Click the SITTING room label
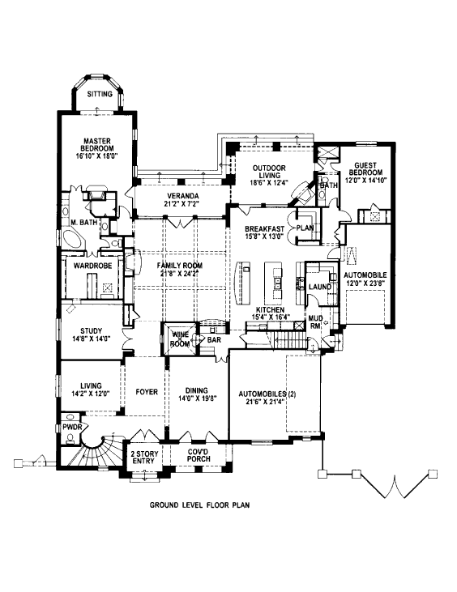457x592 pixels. pyautogui.click(x=100, y=94)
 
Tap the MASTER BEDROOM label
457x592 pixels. pyautogui.click(x=96, y=145)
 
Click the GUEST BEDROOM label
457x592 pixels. pyautogui.click(x=365, y=168)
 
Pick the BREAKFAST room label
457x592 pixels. pyautogui.click(x=264, y=229)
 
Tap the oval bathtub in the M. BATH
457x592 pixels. pyautogui.click(x=74, y=239)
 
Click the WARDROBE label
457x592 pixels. pyautogui.click(x=93, y=266)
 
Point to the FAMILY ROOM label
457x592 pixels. pyautogui.click(x=180, y=266)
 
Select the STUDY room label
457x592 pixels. pyautogui.click(x=91, y=331)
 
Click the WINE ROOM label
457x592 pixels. pyautogui.click(x=180, y=339)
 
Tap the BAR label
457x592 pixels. pyautogui.click(x=214, y=340)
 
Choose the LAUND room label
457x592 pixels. pyautogui.click(x=320, y=287)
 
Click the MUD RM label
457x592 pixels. pyautogui.click(x=315, y=322)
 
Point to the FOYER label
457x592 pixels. pyautogui.click(x=147, y=392)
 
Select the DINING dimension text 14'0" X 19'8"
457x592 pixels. pyautogui.click(x=197, y=398)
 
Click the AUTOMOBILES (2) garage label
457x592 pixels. pyautogui.click(x=267, y=394)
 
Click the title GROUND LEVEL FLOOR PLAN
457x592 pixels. pyautogui.click(x=199, y=505)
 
